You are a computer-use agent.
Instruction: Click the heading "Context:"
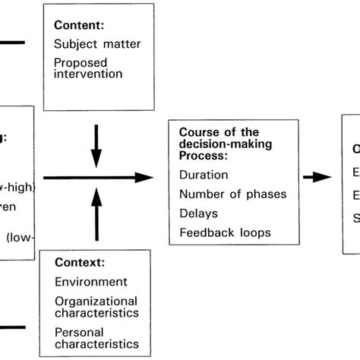(x=79, y=264)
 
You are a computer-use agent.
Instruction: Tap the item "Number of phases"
(x=233, y=194)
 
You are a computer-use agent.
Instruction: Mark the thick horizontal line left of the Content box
(x=12, y=41)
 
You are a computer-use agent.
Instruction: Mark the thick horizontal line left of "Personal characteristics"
(x=12, y=329)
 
